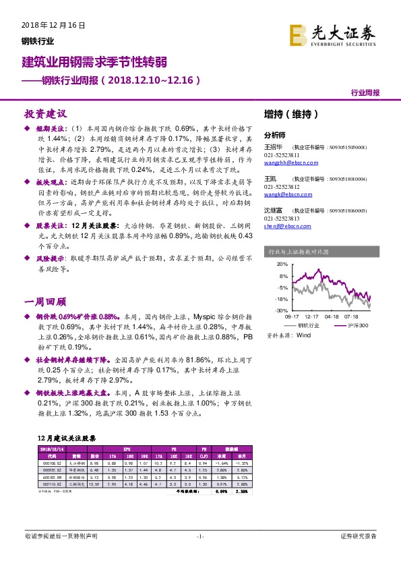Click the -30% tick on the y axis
click(282, 310)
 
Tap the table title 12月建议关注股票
click(67, 436)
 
